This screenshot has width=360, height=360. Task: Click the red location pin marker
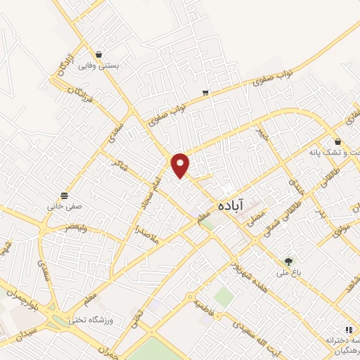coord(181,164)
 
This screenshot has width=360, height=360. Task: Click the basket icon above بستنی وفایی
coord(99,53)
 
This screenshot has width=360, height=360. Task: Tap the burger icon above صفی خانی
coord(65,195)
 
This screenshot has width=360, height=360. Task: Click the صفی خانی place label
coord(65,207)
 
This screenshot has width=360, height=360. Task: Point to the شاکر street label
coord(117,165)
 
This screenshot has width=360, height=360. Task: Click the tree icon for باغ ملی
coord(288,262)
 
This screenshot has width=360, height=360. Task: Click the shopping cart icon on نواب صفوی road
coord(205,92)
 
